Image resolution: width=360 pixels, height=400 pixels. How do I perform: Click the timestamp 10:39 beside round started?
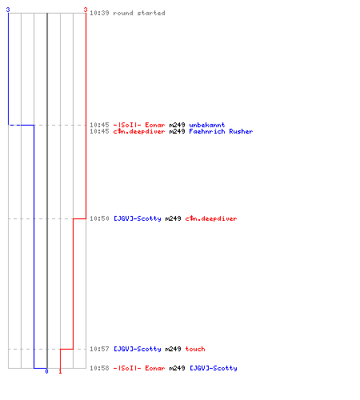[x=99, y=13]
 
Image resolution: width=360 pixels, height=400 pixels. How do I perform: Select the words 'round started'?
[x=139, y=13]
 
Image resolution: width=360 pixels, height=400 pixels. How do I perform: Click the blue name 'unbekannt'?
[x=207, y=125]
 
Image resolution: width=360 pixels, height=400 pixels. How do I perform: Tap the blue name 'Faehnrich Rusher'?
[x=221, y=131]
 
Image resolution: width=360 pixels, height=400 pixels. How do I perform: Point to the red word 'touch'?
[x=195, y=349]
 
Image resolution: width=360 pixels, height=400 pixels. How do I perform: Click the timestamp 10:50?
[x=99, y=218]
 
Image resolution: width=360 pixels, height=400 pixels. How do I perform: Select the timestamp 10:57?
[x=99, y=349]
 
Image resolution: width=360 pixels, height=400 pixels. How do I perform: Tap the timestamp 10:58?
[x=99, y=368]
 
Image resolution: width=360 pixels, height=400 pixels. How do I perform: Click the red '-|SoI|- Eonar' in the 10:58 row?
[x=139, y=368]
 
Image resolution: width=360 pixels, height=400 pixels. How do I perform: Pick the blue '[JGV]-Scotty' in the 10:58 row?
[x=214, y=368]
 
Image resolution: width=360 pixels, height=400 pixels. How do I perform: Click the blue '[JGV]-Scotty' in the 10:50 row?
[x=138, y=218]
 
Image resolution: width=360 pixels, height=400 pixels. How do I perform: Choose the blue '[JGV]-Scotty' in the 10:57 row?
[x=138, y=349]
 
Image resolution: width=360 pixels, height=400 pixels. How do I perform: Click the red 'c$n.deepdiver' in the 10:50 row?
[x=211, y=218]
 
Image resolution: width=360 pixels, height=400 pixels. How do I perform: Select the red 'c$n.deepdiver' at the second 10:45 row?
[x=139, y=131]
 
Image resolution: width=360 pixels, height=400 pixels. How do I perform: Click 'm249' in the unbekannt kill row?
[x=177, y=125]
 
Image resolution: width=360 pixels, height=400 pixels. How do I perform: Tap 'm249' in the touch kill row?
[x=173, y=349]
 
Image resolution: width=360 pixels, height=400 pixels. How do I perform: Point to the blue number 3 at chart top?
[x=8, y=10]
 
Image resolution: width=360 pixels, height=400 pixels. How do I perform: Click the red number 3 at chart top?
[x=86, y=10]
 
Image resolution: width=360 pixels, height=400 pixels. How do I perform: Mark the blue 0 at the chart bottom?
[x=46, y=371]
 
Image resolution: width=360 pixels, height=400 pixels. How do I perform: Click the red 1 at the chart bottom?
[x=60, y=371]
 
